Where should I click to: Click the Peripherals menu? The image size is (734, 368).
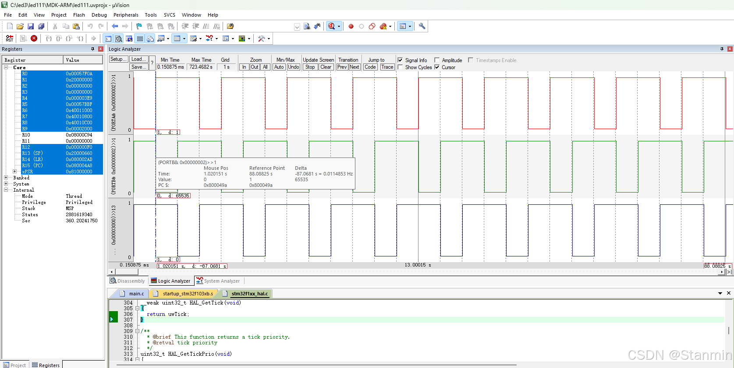coord(125,15)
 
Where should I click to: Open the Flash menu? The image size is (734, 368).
coord(79,15)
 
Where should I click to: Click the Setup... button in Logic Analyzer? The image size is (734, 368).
coord(118,59)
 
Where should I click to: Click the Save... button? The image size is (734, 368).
coord(138,67)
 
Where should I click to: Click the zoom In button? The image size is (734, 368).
coord(244,67)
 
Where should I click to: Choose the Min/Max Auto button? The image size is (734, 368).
coord(279,67)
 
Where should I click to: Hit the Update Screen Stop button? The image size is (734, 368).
coord(310,67)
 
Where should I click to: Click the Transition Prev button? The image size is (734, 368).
coord(342,67)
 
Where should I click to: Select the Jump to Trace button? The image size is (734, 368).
coord(387,67)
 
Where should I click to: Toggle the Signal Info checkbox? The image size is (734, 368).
coord(400,60)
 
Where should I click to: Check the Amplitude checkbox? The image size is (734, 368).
coord(437,60)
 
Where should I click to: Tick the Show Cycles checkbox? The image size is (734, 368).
coord(400,67)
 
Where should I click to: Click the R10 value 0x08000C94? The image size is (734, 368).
coord(79,135)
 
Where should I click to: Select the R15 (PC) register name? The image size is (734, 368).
coord(32,165)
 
